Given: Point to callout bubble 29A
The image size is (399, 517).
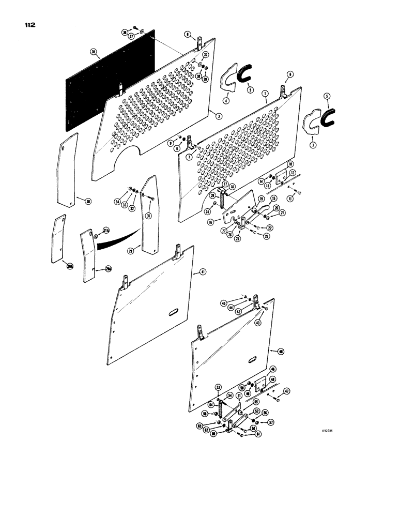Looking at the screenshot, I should point(108,268).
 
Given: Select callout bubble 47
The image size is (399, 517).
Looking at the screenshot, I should point(287,391).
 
